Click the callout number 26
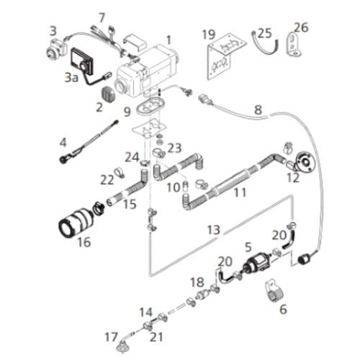[301, 27]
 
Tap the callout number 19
[209, 35]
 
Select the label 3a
[71, 77]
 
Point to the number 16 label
[84, 242]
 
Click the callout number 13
[214, 230]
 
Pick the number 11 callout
[240, 192]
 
